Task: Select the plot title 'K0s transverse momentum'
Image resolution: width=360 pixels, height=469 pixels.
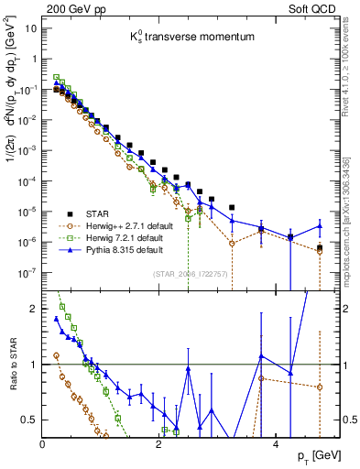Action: pos(184,38)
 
